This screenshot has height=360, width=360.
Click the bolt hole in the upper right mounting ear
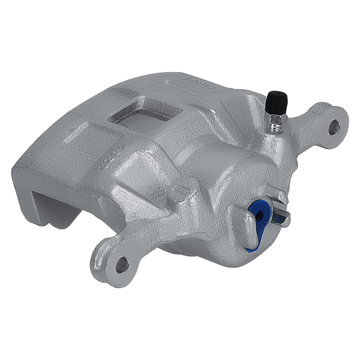pos(334,127)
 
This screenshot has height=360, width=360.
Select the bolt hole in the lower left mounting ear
pos(122,265)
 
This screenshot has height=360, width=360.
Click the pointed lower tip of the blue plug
pos(249,248)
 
